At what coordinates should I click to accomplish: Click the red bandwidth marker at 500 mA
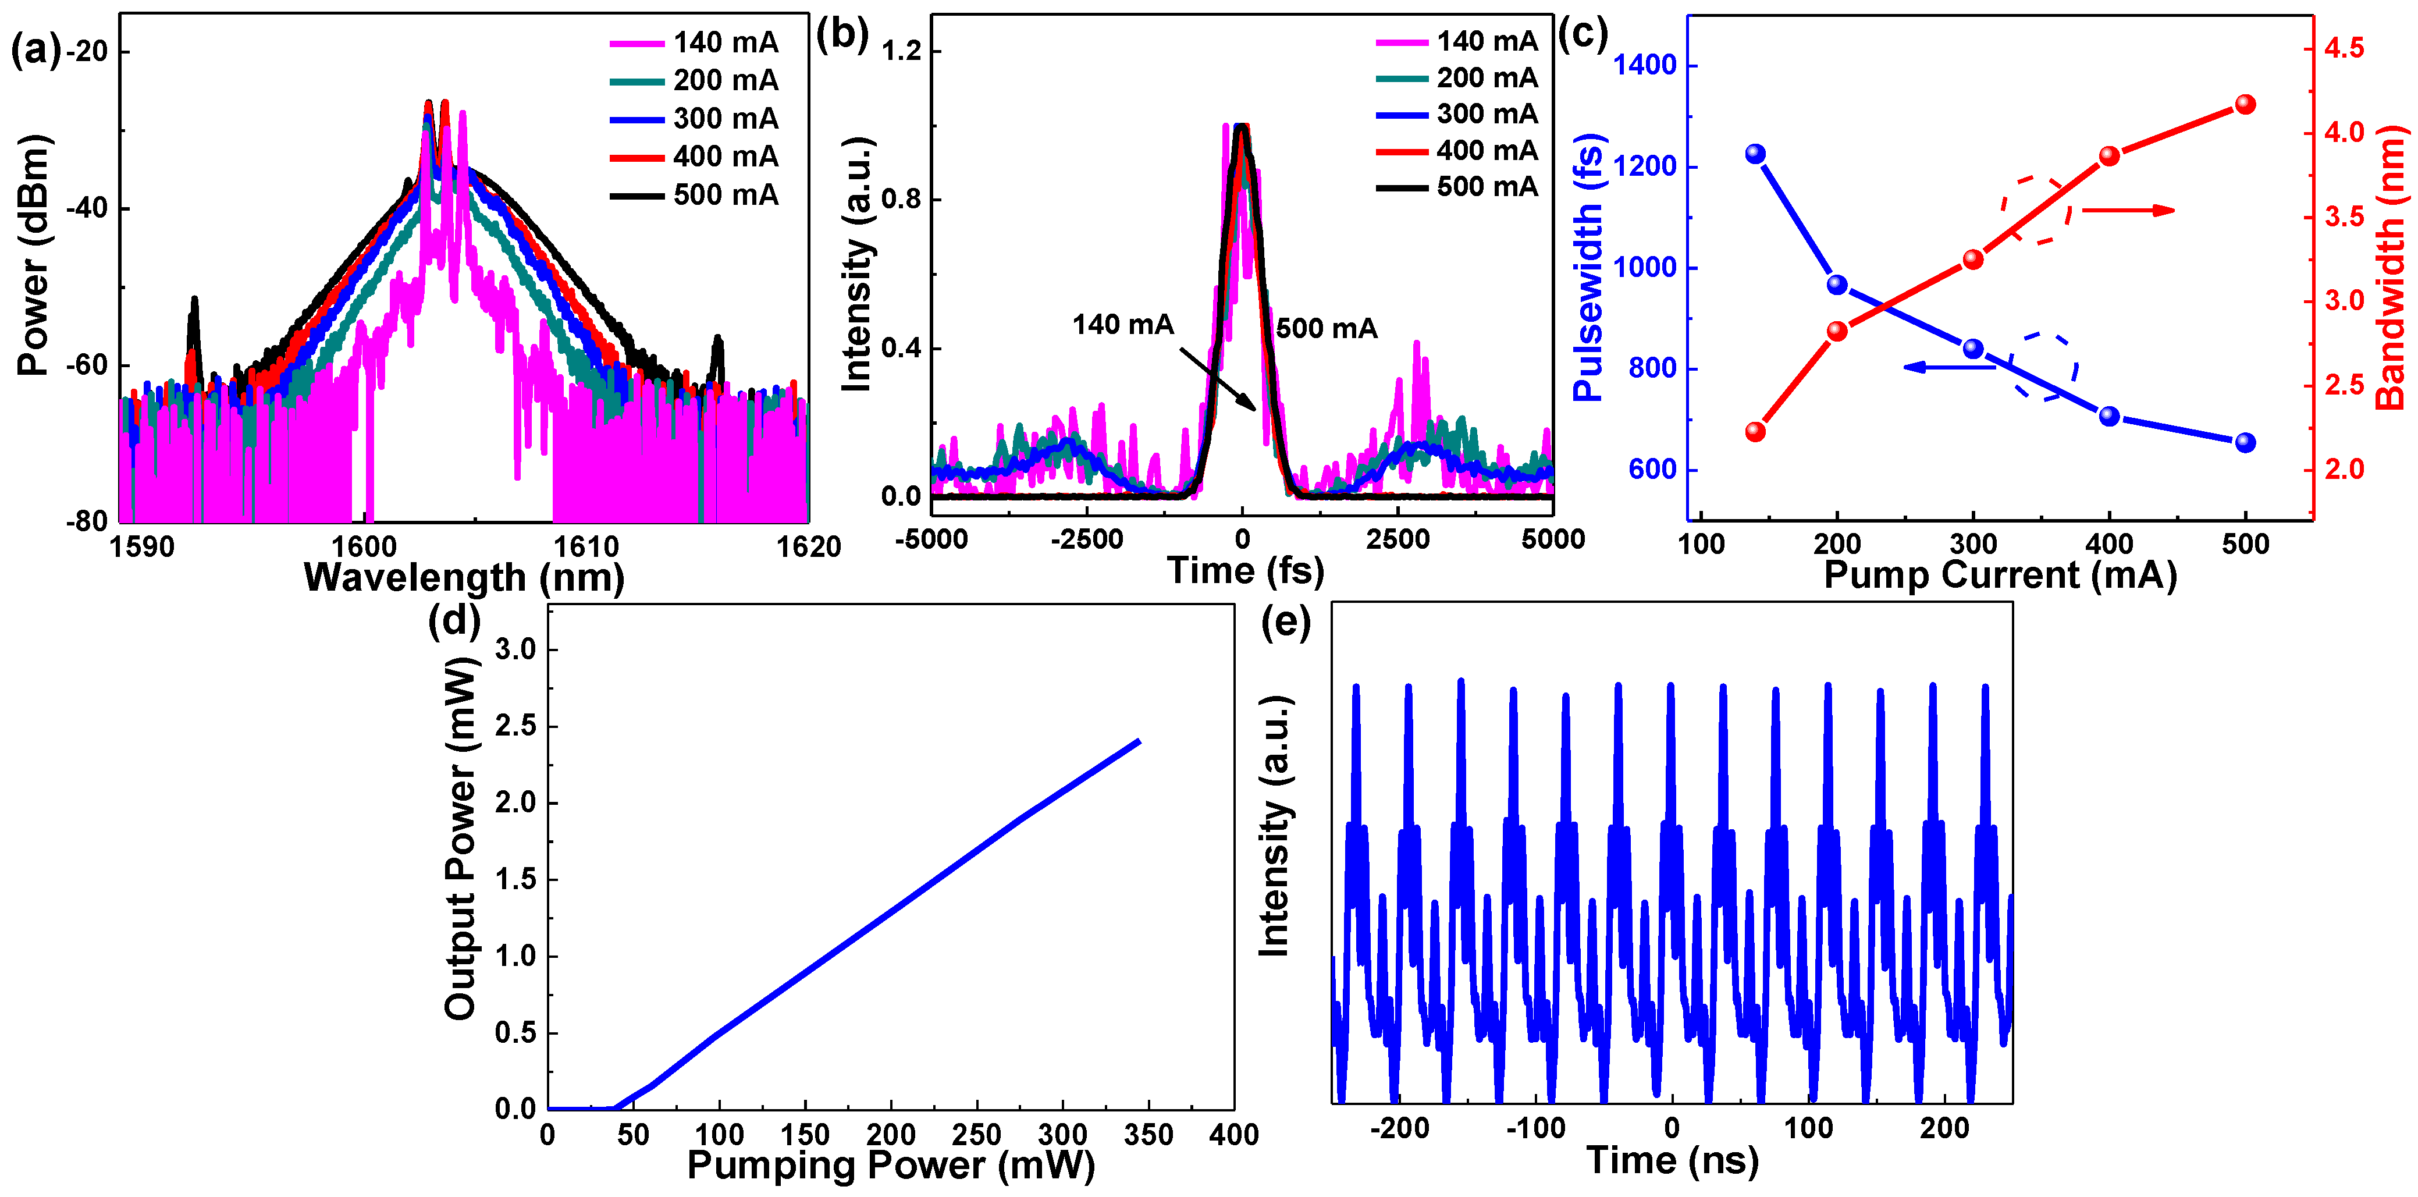[x=2245, y=104]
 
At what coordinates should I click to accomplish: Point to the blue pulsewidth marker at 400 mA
[x=2109, y=416]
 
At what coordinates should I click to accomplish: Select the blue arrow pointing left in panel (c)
[x=1948, y=367]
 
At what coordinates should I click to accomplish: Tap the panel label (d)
[x=454, y=623]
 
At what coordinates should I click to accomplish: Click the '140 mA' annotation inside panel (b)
[x=1123, y=325]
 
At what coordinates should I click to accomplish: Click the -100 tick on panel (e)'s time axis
[x=1535, y=1128]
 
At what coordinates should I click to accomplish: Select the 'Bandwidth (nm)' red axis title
[x=2392, y=268]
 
